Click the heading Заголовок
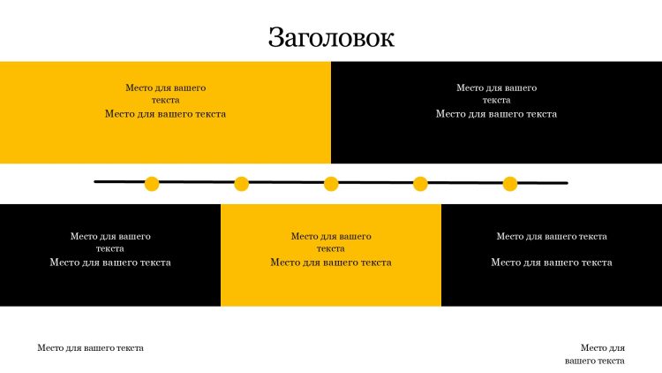pos(331,37)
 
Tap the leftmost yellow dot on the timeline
pos(152,184)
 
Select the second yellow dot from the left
pos(241,184)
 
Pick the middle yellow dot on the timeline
pos(331,184)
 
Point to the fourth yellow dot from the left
pos(420,184)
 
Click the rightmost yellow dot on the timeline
pos(510,184)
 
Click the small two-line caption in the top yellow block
pos(165,94)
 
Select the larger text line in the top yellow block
pos(165,114)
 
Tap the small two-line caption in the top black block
pos(496,94)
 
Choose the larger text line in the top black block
pos(496,114)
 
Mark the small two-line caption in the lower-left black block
pos(110,242)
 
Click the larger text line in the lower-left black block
pos(110,263)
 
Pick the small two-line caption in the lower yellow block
pos(331,242)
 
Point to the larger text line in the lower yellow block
pos(331,263)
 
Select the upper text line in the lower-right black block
pos(552,236)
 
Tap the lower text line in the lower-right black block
pos(552,263)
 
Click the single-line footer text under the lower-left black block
pos(90,348)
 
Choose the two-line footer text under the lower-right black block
pos(595,354)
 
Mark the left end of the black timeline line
pos(96,182)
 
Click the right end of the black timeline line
pos(566,184)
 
